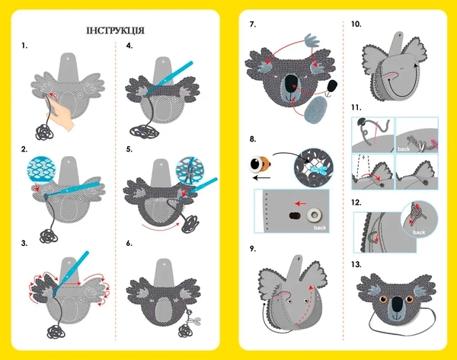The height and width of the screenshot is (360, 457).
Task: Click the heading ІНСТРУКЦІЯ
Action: pos(115,30)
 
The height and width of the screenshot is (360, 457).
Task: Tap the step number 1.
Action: pos(24,46)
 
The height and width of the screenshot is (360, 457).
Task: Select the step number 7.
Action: pos(253,24)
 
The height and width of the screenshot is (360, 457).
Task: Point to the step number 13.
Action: pos(356,264)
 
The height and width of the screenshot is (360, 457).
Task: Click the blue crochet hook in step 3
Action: pos(71,272)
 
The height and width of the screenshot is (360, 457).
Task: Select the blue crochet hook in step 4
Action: pos(169,78)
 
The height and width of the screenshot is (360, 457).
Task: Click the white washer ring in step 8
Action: pos(314,215)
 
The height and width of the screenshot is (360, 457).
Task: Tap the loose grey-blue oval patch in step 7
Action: pos(315,110)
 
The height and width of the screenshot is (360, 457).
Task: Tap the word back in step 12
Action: pos(418,232)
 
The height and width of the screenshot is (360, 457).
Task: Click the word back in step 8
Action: pos(320,228)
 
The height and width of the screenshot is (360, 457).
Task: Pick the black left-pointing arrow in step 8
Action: pos(261,177)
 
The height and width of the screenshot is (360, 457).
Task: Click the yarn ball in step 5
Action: pos(190,225)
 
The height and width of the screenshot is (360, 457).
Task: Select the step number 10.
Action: pos(356,24)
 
